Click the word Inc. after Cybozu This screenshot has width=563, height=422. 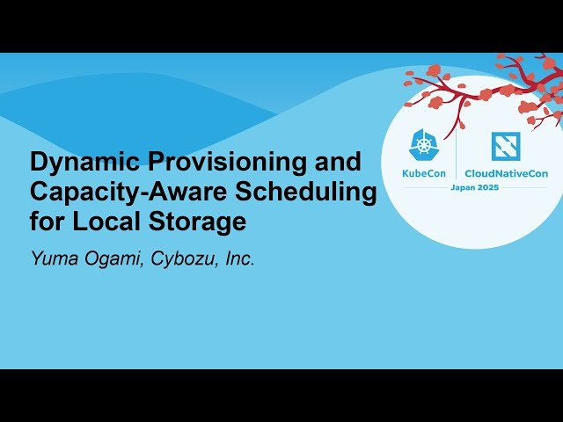[x=236, y=259]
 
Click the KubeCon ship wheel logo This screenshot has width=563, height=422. [x=425, y=146]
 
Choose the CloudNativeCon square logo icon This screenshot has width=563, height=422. [x=505, y=146]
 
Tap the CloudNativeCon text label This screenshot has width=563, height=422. [x=507, y=173]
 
